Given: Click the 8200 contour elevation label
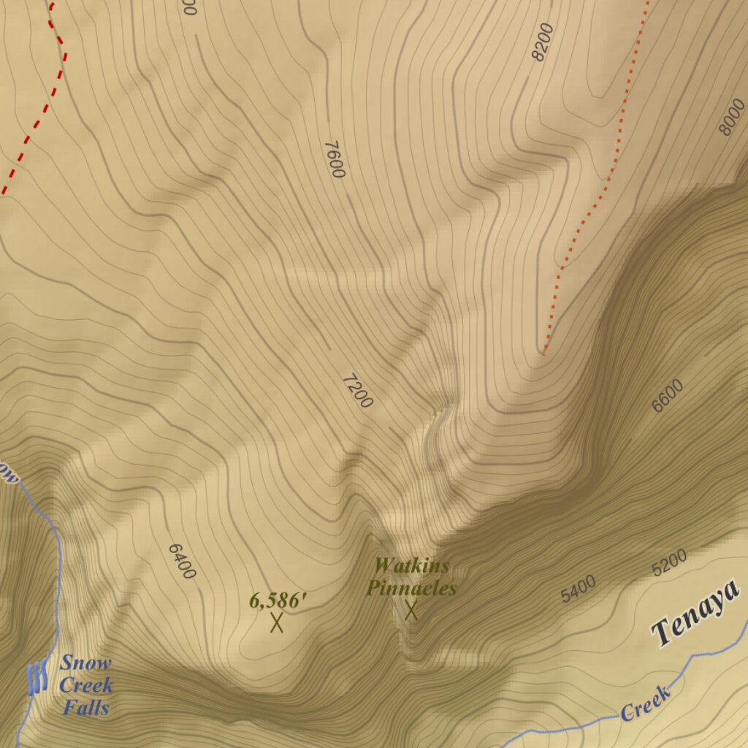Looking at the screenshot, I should [543, 42].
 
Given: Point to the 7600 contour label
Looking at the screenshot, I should [334, 159].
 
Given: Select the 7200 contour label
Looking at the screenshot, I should [357, 391].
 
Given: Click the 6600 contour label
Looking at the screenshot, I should [668, 396].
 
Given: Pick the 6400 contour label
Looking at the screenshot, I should [182, 561].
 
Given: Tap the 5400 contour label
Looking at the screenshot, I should [579, 589].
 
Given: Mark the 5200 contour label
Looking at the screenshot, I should [669, 563].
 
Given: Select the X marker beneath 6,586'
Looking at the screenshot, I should [277, 623].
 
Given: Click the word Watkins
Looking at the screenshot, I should [411, 565].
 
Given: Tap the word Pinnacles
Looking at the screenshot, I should [411, 588].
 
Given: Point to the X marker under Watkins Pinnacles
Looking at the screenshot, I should [411, 610].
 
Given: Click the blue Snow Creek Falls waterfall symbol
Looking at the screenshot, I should [37, 677].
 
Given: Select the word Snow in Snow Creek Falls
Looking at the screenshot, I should [85, 663].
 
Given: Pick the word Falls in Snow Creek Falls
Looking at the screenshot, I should [85, 707].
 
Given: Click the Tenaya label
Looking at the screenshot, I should [695, 620].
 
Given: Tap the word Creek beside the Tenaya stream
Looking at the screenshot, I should [646, 703].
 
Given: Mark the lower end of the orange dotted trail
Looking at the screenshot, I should [544, 351].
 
